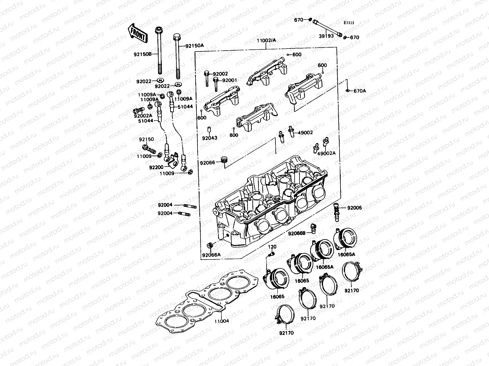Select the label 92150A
(x=195, y=46)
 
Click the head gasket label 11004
(x=221, y=321)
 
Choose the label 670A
(x=360, y=91)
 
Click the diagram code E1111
(x=348, y=23)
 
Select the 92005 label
(x=355, y=208)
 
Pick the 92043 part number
(x=209, y=138)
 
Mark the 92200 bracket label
(x=156, y=167)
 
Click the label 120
(x=272, y=246)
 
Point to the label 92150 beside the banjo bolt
(x=146, y=139)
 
